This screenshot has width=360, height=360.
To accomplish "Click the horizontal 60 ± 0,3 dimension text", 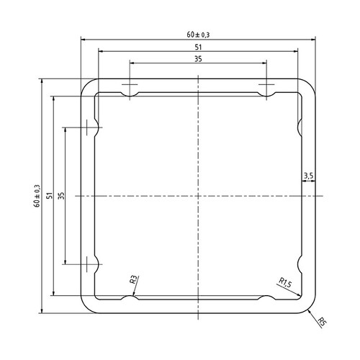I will pyautogui.click(x=198, y=34).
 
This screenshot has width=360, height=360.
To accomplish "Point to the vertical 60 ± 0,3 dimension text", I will pyautogui.click(x=37, y=195).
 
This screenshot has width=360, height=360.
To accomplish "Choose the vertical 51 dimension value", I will pyautogui.click(x=49, y=195).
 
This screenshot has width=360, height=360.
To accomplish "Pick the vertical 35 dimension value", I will pyautogui.click(x=61, y=195).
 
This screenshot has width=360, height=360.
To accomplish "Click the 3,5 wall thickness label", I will pyautogui.click(x=308, y=175).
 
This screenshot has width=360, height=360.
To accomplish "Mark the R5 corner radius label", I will pyautogui.click(x=321, y=322).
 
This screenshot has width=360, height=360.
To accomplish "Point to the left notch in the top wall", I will pyautogui.click(x=130, y=91).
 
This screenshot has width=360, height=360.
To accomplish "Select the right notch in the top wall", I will pyautogui.click(x=266, y=91).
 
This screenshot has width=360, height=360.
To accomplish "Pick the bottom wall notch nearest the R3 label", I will pyautogui.click(x=130, y=300).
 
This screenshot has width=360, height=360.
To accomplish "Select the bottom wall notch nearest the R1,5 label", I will pyautogui.click(x=266, y=300).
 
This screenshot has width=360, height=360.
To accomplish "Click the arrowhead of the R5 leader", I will pyautogui.click(x=309, y=308).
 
